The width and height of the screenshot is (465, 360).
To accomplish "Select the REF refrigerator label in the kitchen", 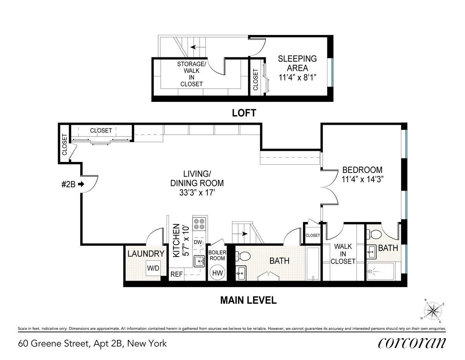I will pos(176,274).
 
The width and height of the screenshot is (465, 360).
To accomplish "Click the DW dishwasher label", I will pos(198,242).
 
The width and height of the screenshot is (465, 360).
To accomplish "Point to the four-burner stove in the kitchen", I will pos(200,224).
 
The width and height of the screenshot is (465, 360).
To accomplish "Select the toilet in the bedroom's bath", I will pos(375,234).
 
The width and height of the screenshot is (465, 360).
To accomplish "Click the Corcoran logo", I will pos(412,343).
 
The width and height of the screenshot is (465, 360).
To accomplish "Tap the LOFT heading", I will pos(244,113).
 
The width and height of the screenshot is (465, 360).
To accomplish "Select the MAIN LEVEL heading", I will pos(248,300).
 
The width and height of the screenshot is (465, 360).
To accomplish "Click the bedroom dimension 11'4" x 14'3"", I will pos(362,179).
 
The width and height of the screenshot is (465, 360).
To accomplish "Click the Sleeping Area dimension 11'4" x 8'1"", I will pos(297,77).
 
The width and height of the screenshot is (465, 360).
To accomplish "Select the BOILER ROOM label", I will pos(217,255).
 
